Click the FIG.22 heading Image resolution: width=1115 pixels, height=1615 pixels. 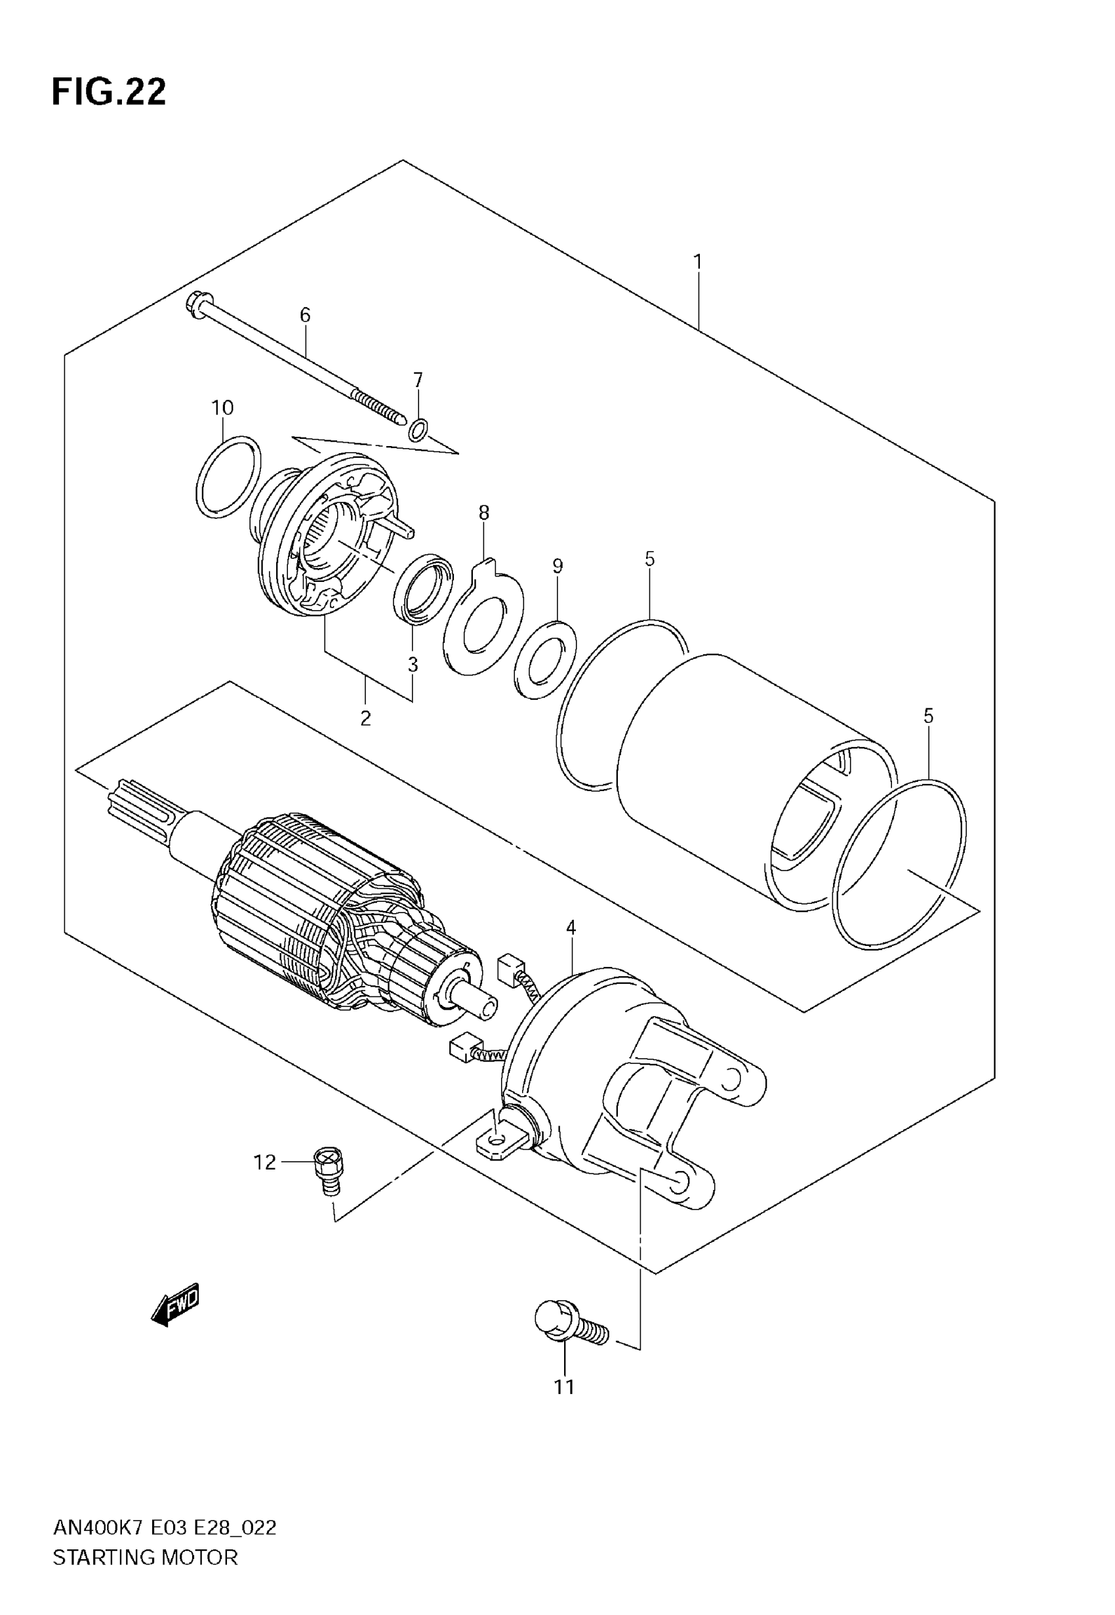109,91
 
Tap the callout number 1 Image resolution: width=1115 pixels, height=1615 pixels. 697,262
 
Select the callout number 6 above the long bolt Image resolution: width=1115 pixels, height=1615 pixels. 305,315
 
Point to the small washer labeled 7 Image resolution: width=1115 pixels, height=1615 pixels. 418,432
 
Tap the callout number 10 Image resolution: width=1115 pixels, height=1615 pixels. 222,407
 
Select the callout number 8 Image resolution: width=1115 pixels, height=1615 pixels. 483,512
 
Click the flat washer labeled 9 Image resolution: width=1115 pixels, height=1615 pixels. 545,659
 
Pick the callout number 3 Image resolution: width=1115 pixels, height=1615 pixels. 413,664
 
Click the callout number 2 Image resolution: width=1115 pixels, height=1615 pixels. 365,718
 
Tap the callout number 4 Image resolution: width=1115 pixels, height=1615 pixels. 571,928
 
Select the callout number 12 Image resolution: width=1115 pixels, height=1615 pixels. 265,1162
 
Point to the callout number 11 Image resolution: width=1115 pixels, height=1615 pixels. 564,1387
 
